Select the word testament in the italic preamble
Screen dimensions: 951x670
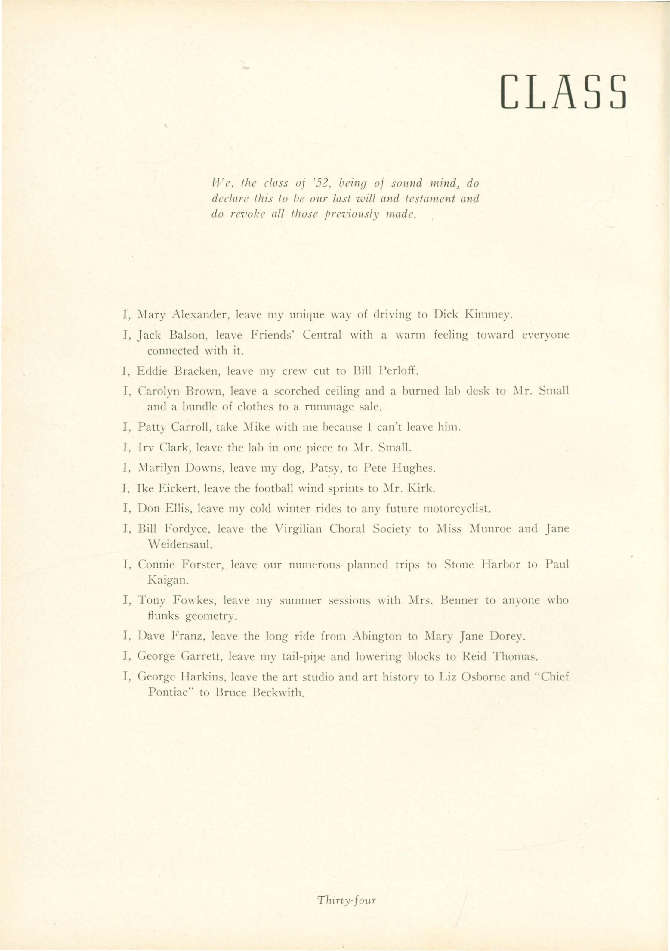[432, 199]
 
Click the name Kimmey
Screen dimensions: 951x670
[489, 315]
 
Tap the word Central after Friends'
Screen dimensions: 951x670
[322, 335]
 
